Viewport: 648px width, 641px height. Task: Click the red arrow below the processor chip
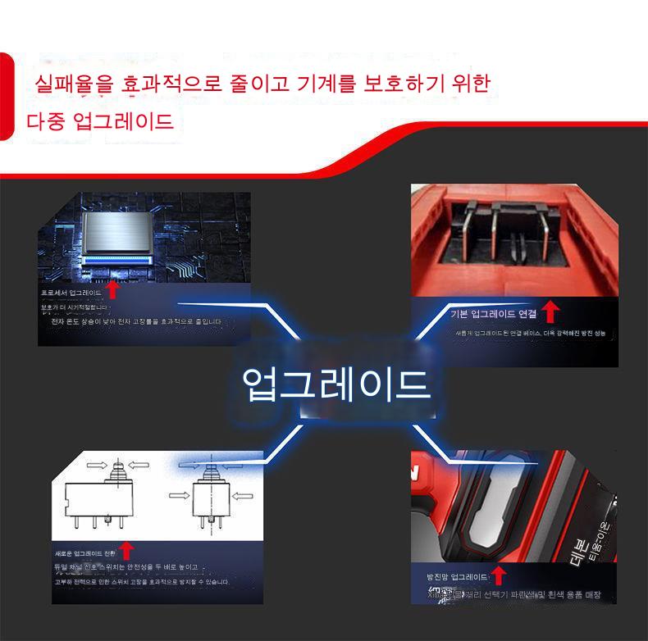point(113,289)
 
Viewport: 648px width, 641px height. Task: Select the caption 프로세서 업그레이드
point(71,292)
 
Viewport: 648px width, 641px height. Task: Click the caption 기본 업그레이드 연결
point(493,314)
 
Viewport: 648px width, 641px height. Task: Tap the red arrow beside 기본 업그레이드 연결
point(551,311)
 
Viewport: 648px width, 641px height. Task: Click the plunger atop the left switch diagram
point(118,469)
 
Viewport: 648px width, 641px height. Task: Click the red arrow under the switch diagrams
point(125,549)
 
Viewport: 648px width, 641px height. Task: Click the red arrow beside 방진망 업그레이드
point(498,575)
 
